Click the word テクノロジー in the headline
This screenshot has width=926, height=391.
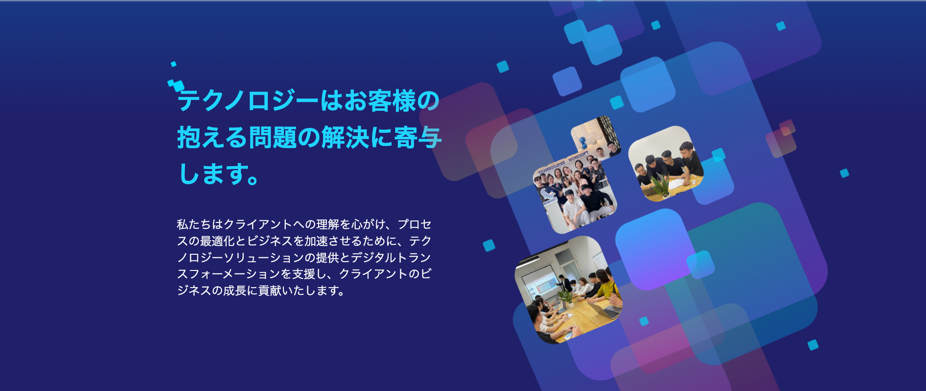pos(248,101)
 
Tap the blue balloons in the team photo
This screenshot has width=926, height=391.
pos(583,142)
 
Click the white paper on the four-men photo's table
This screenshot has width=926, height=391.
pos(678,184)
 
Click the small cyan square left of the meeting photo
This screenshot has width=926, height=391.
pos(489,245)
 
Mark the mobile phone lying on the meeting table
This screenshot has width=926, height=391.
pos(569,336)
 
